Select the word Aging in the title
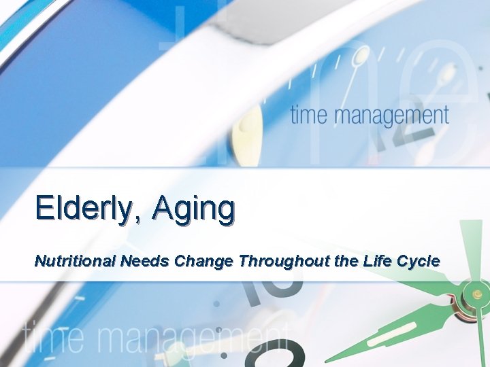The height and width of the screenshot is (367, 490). (193, 209)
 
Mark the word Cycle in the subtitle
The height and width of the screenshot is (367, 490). (419, 261)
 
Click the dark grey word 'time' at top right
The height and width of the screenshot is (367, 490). (313, 115)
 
